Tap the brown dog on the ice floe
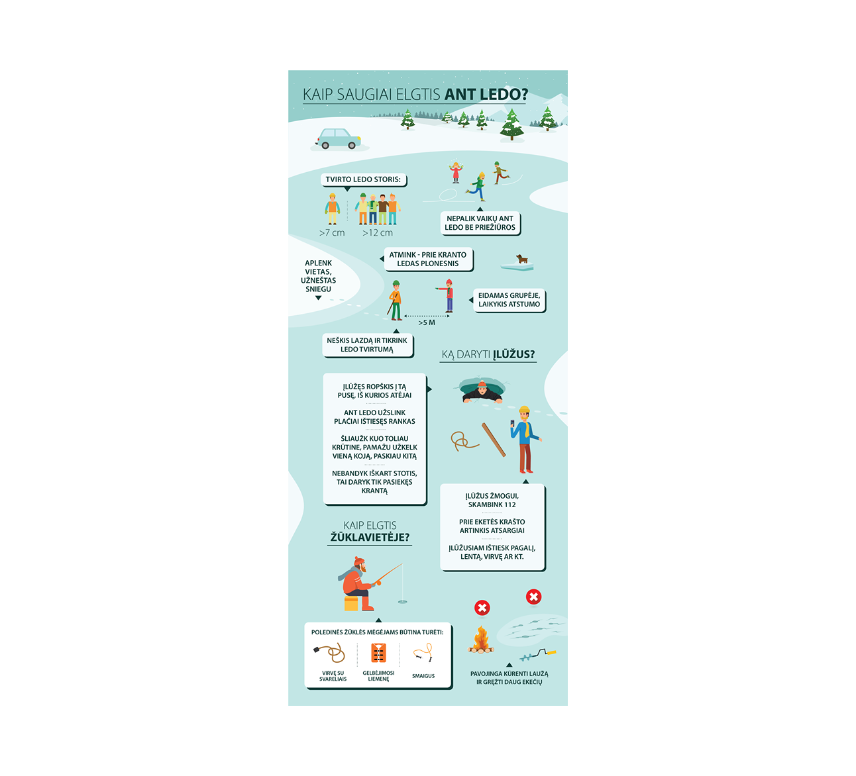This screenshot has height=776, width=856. coord(521,258)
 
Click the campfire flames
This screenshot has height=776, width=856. coord(481,639)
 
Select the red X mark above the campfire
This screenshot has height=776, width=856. coord(482,607)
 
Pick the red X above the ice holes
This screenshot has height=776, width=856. coord(533,597)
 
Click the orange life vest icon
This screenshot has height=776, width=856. coord(378,653)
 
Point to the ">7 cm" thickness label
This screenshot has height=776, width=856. coord(331,233)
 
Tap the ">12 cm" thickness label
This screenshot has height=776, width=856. coord(377,233)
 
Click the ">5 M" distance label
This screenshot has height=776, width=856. coord(426,322)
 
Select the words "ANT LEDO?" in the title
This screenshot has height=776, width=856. coord(486,94)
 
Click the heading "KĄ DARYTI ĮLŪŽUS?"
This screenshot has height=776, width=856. coord(488,354)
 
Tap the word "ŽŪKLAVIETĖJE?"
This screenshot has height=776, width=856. coord(370,537)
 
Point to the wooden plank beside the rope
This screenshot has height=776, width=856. coord(494,440)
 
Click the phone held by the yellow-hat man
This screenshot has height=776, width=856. coord(512,424)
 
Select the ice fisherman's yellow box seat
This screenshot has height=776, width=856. coord(350,604)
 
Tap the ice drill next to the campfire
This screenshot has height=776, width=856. coord(537,655)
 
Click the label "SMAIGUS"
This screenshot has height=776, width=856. coord(423,676)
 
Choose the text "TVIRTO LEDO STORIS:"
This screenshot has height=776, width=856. coord(362,179)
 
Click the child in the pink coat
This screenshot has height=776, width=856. coord(456,172)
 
